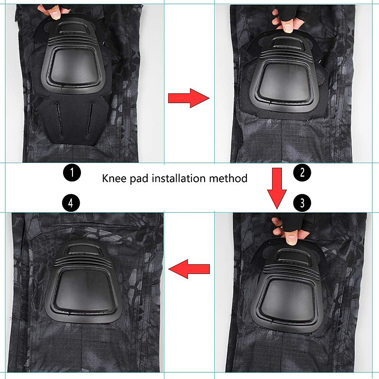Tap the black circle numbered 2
click(302, 172)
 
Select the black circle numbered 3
click(302, 204)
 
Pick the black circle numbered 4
click(71, 204)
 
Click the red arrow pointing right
click(189, 98)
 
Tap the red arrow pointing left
click(189, 270)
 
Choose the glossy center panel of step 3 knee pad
click(289, 298)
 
